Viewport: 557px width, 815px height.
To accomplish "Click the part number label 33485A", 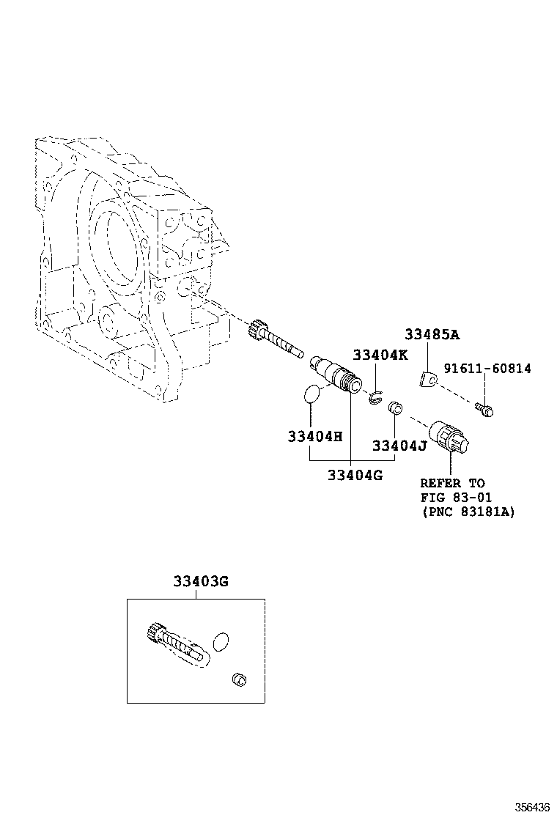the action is (x=432, y=334).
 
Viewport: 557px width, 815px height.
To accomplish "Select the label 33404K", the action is (x=380, y=355).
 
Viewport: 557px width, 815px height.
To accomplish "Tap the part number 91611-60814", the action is (x=487, y=369).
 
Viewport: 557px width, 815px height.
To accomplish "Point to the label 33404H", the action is (x=315, y=436).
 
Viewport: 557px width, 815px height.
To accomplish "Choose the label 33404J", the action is (x=399, y=446).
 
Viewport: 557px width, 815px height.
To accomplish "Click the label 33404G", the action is (x=355, y=475).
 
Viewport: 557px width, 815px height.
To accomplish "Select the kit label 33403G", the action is (x=201, y=581).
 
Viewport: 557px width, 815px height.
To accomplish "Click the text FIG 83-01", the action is (x=456, y=498).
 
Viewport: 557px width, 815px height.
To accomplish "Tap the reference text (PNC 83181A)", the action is (x=468, y=512).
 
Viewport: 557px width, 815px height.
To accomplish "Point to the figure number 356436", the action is (x=532, y=807).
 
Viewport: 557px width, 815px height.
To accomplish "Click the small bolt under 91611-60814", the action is (x=484, y=410).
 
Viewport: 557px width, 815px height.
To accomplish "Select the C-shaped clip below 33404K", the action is (x=376, y=398).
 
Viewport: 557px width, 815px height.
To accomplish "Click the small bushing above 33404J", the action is (x=395, y=408).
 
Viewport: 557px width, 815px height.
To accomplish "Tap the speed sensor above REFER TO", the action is (x=449, y=438).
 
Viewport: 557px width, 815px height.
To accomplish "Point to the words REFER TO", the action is (x=452, y=483).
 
